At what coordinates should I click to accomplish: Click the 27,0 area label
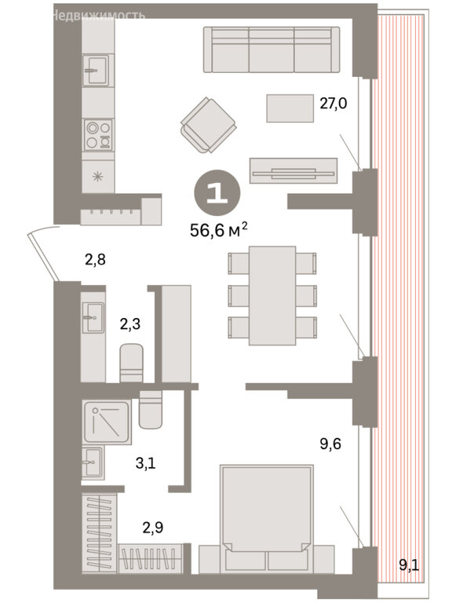tap(334, 104)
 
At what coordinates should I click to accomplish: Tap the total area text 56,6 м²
tap(218, 230)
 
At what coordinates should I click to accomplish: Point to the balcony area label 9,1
tap(409, 565)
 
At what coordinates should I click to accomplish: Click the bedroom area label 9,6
tap(330, 444)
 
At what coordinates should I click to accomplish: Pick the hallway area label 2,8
tap(95, 260)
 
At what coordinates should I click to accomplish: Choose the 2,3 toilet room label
tap(130, 324)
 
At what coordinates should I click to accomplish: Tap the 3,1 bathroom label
tap(146, 463)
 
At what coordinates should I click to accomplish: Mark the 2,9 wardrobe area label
tap(152, 528)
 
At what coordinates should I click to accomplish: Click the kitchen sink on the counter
tap(98, 70)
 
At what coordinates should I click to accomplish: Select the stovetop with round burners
tap(98, 134)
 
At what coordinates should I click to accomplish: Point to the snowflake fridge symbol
tap(97, 177)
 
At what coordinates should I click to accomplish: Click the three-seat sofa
tap(272, 49)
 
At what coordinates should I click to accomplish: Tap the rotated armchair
tap(208, 125)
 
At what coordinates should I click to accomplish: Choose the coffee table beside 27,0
tap(290, 108)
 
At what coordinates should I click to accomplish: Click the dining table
tap(272, 295)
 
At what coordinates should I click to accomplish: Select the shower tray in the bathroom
tap(107, 422)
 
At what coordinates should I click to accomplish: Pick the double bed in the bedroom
tap(266, 517)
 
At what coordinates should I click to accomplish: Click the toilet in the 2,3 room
tap(132, 363)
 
